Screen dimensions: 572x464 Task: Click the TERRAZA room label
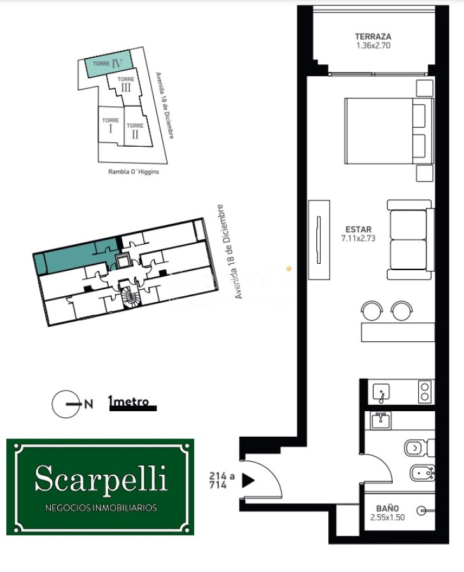(x=373, y=37)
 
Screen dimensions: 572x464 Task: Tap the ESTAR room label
(x=358, y=229)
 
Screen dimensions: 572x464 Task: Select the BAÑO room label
(x=387, y=508)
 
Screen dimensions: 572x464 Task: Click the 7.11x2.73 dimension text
(x=358, y=239)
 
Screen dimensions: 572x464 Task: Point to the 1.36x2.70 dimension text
(x=373, y=46)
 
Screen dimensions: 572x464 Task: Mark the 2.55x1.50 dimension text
(x=387, y=517)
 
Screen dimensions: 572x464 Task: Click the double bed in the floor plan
(x=388, y=130)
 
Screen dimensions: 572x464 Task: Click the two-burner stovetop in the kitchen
(x=425, y=391)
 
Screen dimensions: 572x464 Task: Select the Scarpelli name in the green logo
(x=101, y=478)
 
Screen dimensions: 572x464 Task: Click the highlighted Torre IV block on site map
(x=108, y=64)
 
